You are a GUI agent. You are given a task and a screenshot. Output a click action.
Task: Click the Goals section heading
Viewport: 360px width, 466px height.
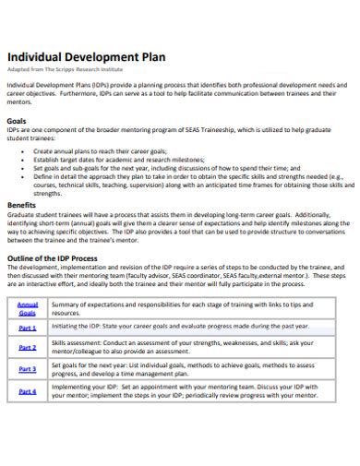(x=16, y=120)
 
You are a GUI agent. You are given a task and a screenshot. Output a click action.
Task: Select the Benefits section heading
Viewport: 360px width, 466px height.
(x=21, y=205)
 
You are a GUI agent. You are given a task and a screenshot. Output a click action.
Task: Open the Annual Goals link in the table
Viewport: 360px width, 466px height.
(x=28, y=308)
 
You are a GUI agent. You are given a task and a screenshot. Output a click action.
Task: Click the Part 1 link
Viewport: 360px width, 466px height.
(x=28, y=327)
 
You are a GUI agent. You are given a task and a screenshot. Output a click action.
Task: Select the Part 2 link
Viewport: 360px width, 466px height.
(x=28, y=347)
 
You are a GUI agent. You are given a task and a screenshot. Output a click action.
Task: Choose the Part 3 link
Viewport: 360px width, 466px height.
(x=28, y=369)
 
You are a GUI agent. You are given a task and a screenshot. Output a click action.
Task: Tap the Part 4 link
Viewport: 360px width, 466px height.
(x=28, y=391)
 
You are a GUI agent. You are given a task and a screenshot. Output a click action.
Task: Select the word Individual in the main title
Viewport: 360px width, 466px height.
(x=36, y=54)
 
